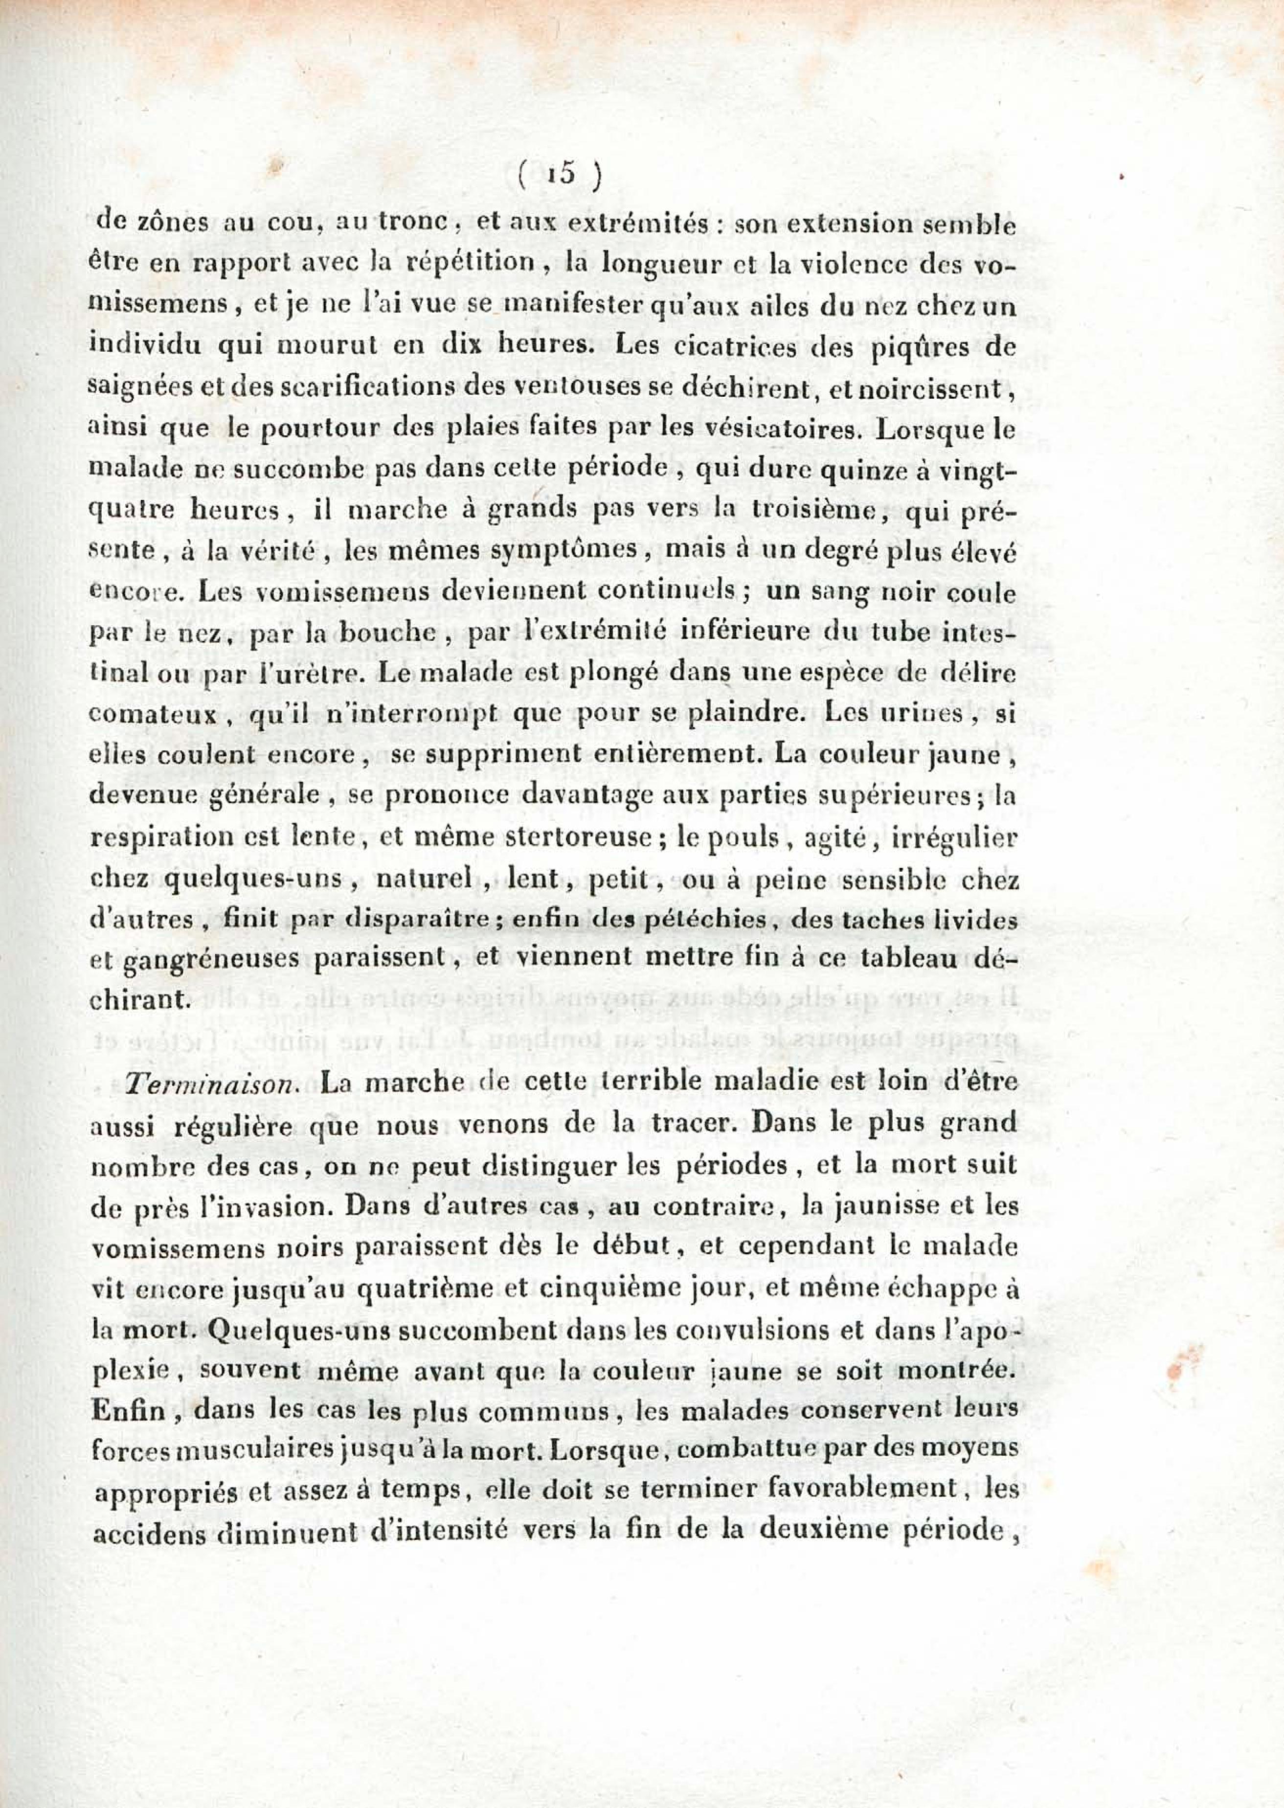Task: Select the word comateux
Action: [x=153, y=716]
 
